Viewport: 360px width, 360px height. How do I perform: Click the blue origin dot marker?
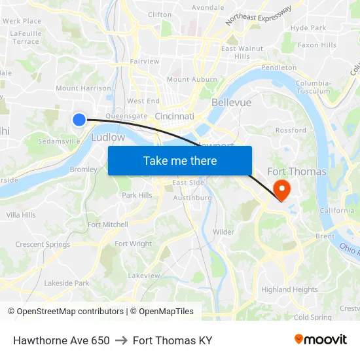pyautogui.click(x=79, y=119)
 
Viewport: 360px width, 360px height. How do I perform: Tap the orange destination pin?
pyautogui.click(x=282, y=190)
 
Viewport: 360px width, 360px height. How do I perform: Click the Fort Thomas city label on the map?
pyautogui.click(x=297, y=171)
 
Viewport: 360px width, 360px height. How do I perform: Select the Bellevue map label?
pyautogui.click(x=231, y=103)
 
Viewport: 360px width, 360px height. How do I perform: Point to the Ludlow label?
pyautogui.click(x=108, y=137)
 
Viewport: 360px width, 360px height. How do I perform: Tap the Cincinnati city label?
pyautogui.click(x=175, y=117)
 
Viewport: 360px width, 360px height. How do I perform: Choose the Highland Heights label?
pyautogui.click(x=289, y=289)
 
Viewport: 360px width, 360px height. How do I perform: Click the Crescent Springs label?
pyautogui.click(x=43, y=245)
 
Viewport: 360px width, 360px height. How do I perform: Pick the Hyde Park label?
pyautogui.click(x=308, y=28)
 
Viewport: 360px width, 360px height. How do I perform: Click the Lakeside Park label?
pyautogui.click(x=67, y=283)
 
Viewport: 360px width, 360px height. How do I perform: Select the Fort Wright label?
pyautogui.click(x=133, y=244)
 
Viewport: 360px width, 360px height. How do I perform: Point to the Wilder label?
pyautogui.click(x=223, y=232)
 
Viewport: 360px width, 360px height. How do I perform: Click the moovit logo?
pyautogui.click(x=320, y=339)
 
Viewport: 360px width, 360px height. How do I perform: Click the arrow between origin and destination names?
pyautogui.click(x=121, y=340)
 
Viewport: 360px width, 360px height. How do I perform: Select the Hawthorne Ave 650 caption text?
pyautogui.click(x=62, y=340)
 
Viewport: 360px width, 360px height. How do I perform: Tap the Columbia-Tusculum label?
pyautogui.click(x=313, y=87)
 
